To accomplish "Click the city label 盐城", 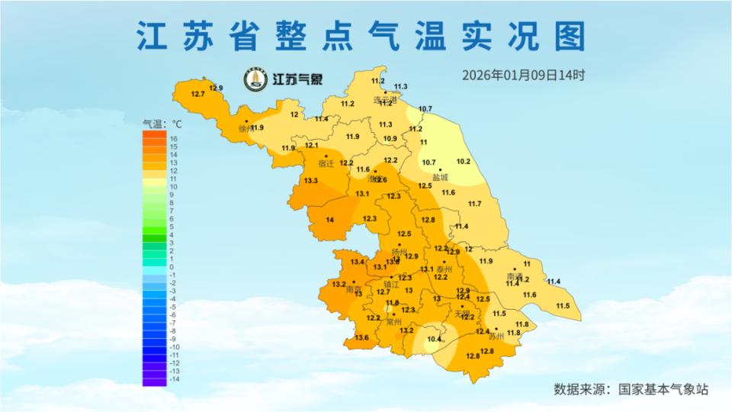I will pyautogui.click(x=440, y=178).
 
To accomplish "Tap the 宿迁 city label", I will pyautogui.click(x=326, y=164).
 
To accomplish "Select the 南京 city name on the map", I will pyautogui.click(x=354, y=291).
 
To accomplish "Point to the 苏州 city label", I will pyautogui.click(x=496, y=336).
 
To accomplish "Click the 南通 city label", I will pyautogui.click(x=514, y=276).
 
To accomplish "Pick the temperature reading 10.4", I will pyautogui.click(x=435, y=340).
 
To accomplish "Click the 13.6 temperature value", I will pyautogui.click(x=361, y=338).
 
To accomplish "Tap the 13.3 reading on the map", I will pyautogui.click(x=310, y=181).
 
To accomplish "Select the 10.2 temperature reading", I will pyautogui.click(x=463, y=162).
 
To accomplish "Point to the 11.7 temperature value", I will pyautogui.click(x=474, y=204).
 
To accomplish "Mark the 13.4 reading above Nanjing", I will pyautogui.click(x=357, y=262).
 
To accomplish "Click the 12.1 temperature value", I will pyautogui.click(x=311, y=145).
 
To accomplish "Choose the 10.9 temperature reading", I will pyautogui.click(x=390, y=139).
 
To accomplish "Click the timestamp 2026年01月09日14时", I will pyautogui.click(x=523, y=76).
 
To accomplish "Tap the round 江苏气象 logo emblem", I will pyautogui.click(x=255, y=79).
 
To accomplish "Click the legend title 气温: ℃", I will pyautogui.click(x=162, y=123).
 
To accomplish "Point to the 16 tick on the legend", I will pyautogui.click(x=173, y=138).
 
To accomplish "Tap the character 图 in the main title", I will pyautogui.click(x=571, y=37).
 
